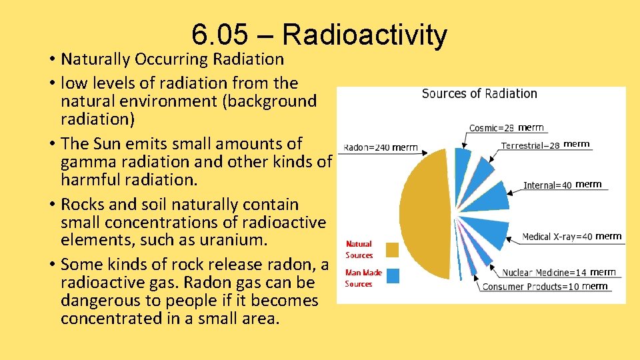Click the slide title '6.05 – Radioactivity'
click(319, 35)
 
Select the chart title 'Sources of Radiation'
click(479, 94)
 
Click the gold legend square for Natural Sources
click(393, 249)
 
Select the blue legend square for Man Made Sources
click(393, 276)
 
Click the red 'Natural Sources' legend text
click(359, 249)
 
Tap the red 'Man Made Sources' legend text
click(363, 278)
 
